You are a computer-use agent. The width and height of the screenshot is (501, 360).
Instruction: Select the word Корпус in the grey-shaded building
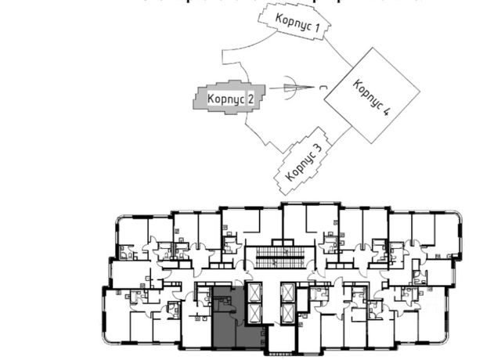pos(225,99)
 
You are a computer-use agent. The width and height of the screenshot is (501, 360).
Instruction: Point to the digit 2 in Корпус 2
pos(250,99)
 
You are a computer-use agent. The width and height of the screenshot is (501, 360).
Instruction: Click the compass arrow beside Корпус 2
pos(290,88)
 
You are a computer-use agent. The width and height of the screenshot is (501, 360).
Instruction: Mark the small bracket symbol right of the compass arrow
pos(324,89)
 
